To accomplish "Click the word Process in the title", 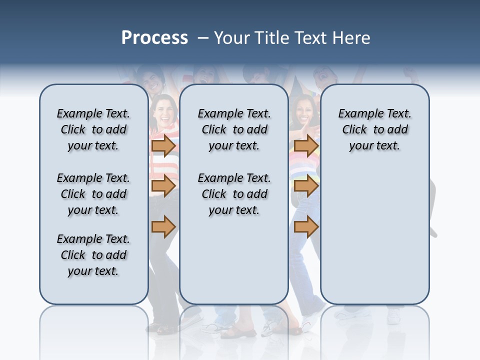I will point(154,37).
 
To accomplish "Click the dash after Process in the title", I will point(203,38).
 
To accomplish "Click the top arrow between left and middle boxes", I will point(163,146).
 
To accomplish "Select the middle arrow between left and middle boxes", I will point(163,186).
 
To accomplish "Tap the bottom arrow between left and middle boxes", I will point(163,227).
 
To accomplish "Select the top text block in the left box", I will point(93,129).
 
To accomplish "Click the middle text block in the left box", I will point(93,194).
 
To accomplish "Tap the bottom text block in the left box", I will point(93,255).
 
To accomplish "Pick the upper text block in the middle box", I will point(234,129).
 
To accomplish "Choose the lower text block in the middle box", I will point(234,194).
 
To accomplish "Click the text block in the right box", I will point(374,129).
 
